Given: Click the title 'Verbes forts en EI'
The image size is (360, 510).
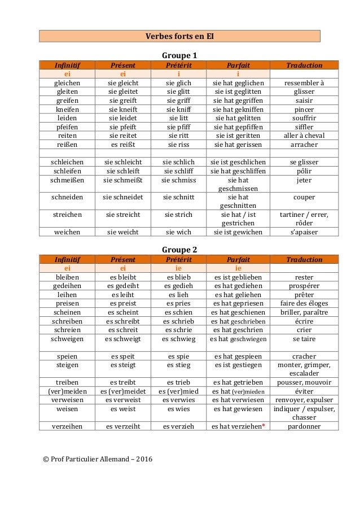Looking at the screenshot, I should (179, 37).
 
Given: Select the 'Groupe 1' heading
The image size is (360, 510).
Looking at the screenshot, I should (179, 55).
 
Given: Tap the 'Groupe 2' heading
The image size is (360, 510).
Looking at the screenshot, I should (179, 250).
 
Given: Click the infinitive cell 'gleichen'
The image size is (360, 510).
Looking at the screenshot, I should (67, 82).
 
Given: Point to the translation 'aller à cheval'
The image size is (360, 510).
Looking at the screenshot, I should (304, 136).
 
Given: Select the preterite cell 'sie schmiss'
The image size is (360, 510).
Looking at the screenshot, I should (179, 180).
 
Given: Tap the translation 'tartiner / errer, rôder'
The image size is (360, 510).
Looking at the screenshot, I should (304, 219).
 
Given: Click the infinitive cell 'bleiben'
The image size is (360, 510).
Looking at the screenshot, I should (67, 277).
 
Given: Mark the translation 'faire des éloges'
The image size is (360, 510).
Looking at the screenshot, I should (304, 303).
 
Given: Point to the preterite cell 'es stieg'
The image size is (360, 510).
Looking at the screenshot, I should (179, 365).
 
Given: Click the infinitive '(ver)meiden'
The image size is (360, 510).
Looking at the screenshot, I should (67, 391).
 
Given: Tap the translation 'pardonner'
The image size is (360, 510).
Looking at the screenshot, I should (304, 426).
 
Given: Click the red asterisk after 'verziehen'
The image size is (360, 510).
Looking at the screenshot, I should (263, 425).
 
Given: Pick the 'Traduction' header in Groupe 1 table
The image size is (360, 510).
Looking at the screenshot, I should (304, 65).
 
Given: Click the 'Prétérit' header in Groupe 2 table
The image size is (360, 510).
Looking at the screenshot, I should (179, 260).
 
